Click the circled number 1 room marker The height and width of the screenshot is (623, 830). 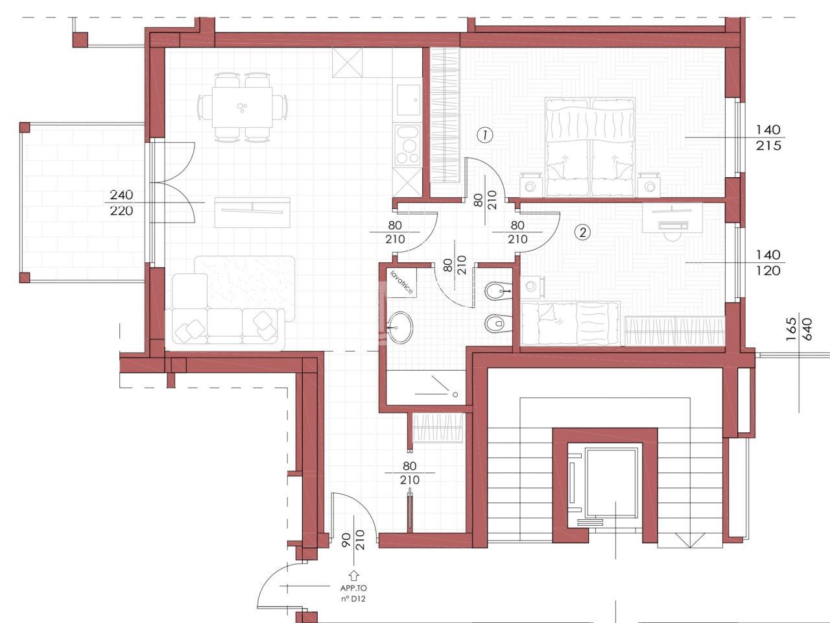coord(485,135)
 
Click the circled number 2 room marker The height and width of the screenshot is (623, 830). coord(582,232)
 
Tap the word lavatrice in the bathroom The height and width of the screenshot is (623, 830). coord(401,282)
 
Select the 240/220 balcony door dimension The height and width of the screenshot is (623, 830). coord(121,202)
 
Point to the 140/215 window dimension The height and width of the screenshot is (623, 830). coord(768,138)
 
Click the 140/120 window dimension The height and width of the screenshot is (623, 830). coord(768,263)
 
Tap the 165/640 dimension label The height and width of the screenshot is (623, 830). coord(799,329)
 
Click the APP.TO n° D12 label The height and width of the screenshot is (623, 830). coord(353,594)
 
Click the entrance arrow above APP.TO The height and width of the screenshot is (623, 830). coord(353,576)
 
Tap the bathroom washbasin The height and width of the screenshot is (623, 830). coord(401,328)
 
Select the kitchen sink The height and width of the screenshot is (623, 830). coord(409,100)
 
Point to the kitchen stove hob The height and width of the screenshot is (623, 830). coord(408,145)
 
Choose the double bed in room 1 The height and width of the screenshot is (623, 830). coord(589,147)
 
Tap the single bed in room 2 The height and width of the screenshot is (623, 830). coord(570,323)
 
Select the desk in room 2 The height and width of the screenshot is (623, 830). coord(672,217)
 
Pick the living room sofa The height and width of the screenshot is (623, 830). coord(224,309)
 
